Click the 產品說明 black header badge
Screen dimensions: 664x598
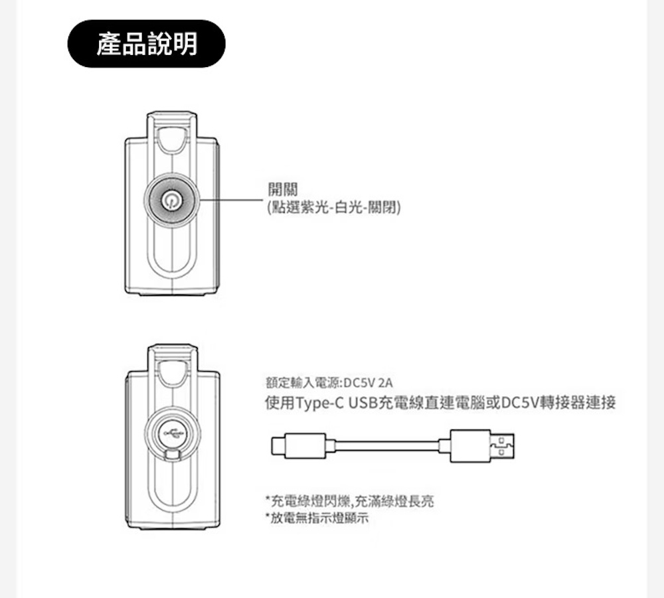tap(147, 44)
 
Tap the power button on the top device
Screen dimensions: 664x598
tap(171, 200)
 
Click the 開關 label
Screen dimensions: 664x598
tap(283, 189)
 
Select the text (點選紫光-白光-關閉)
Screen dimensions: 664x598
tap(334, 207)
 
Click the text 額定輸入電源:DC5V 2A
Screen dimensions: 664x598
tap(329, 383)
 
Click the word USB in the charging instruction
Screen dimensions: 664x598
tap(363, 403)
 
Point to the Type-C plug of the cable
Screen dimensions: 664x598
tap(299, 446)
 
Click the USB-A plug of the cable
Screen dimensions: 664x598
tap(482, 446)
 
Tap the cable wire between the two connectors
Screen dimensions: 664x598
tap(388, 446)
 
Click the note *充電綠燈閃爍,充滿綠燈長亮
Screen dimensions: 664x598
tap(350, 502)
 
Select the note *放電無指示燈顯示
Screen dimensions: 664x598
tap(317, 518)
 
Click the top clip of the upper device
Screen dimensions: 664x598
tap(172, 133)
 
